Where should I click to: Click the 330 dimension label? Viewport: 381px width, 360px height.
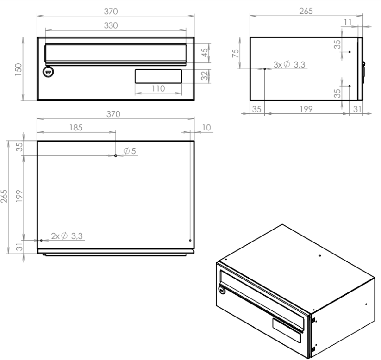[111, 25]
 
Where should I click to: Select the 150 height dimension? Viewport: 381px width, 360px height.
[19, 69]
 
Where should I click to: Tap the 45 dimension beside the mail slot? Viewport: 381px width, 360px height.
[205, 52]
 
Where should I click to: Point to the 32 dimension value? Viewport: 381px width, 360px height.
[205, 75]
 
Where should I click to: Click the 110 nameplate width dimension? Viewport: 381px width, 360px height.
[158, 88]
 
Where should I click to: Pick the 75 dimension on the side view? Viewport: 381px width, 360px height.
[236, 53]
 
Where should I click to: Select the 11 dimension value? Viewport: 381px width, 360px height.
[348, 22]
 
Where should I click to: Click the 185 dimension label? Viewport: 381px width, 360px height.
[76, 128]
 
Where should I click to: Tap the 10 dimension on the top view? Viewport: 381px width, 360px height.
[206, 128]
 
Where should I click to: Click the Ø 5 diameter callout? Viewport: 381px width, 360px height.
[130, 151]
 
